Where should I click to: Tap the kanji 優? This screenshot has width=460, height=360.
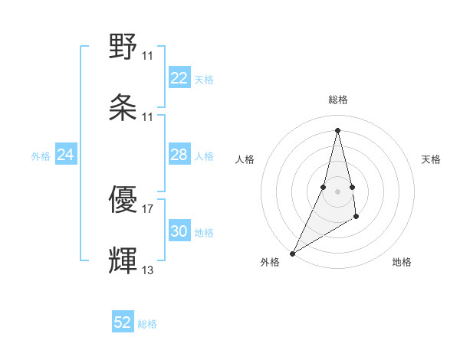click(x=123, y=201)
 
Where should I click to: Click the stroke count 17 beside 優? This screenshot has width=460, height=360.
click(x=148, y=208)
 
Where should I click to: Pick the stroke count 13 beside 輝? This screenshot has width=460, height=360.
click(x=148, y=270)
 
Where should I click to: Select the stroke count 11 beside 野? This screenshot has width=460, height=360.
click(x=148, y=55)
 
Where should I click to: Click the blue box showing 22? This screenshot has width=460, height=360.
click(x=179, y=78)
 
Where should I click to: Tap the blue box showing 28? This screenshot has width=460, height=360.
click(x=179, y=155)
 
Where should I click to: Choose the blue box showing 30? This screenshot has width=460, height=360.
click(x=179, y=231)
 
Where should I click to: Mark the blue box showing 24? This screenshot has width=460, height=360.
click(x=66, y=155)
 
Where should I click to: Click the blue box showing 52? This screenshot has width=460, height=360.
click(x=123, y=322)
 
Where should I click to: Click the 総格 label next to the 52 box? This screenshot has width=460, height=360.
click(x=147, y=324)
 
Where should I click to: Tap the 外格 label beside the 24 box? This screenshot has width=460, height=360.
click(x=41, y=156)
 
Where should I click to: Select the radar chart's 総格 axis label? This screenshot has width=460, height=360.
click(x=338, y=100)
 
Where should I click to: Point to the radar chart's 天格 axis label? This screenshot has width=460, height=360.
click(x=432, y=159)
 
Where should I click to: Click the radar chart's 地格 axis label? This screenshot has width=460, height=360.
click(x=402, y=262)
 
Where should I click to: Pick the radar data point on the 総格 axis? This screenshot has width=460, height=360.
click(x=337, y=129)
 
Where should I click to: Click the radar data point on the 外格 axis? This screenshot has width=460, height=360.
click(x=292, y=253)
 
